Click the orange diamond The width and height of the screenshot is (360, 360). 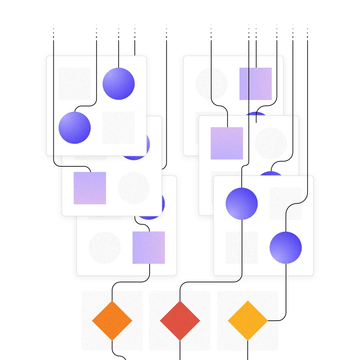[112, 321]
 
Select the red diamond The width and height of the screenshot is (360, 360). [180, 321]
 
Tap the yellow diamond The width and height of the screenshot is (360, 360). [248, 321]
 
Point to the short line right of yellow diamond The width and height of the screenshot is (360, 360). [274, 321]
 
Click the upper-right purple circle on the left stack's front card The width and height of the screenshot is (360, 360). [119, 84]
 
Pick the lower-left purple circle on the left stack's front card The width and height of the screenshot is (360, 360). [75, 128]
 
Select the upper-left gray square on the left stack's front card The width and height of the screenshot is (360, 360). [75, 84]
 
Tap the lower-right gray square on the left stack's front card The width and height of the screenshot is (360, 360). [119, 128]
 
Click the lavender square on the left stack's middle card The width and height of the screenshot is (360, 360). [90, 188]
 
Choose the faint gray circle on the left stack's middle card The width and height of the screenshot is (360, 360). [134, 188]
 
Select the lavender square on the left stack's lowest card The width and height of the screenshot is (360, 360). [149, 247]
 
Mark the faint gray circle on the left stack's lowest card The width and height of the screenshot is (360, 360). [105, 247]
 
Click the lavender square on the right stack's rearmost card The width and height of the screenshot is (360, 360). [256, 84]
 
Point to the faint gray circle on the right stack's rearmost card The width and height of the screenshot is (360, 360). [211, 84]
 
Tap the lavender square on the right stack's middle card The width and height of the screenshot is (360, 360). [227, 143]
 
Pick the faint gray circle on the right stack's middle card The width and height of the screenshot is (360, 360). [271, 143]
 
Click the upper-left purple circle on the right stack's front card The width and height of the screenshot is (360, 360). [242, 204]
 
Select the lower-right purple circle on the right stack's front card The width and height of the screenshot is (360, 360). [286, 248]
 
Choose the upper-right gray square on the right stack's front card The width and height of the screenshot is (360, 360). [286, 204]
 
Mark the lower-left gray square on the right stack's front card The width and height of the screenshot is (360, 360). [242, 248]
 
